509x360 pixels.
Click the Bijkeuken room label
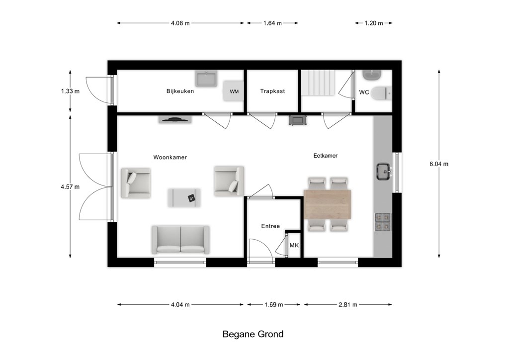point(180,91)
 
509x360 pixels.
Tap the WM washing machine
point(233,91)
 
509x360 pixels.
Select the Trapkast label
point(272,91)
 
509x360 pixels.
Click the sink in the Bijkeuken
point(206,79)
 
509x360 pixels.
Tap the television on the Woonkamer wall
point(175,119)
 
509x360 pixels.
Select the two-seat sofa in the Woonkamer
point(180,240)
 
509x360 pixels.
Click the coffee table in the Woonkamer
point(184,198)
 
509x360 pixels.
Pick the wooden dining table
point(328,204)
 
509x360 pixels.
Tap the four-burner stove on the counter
point(383,222)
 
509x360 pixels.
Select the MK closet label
point(294,246)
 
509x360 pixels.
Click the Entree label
point(270,226)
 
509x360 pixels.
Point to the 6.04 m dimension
point(439,164)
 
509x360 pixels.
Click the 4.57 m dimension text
point(70,186)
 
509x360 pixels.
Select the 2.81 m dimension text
point(347,304)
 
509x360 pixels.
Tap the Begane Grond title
point(253,334)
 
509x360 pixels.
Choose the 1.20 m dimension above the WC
point(374,23)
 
